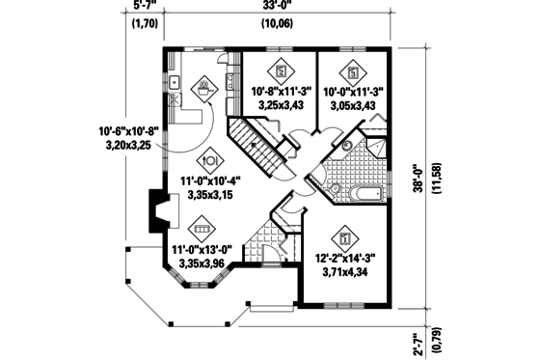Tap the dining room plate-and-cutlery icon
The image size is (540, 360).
(x=210, y=161)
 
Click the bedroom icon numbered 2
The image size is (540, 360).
(x=282, y=70)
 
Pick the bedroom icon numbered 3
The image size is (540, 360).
(x=354, y=70)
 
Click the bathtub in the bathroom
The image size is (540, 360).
(x=364, y=194)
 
